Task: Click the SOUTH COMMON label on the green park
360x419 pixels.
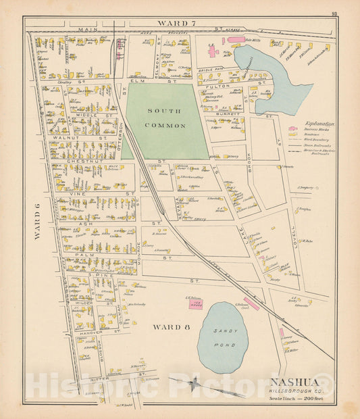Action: (x=165, y=116)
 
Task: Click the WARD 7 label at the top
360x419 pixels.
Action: (x=176, y=24)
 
